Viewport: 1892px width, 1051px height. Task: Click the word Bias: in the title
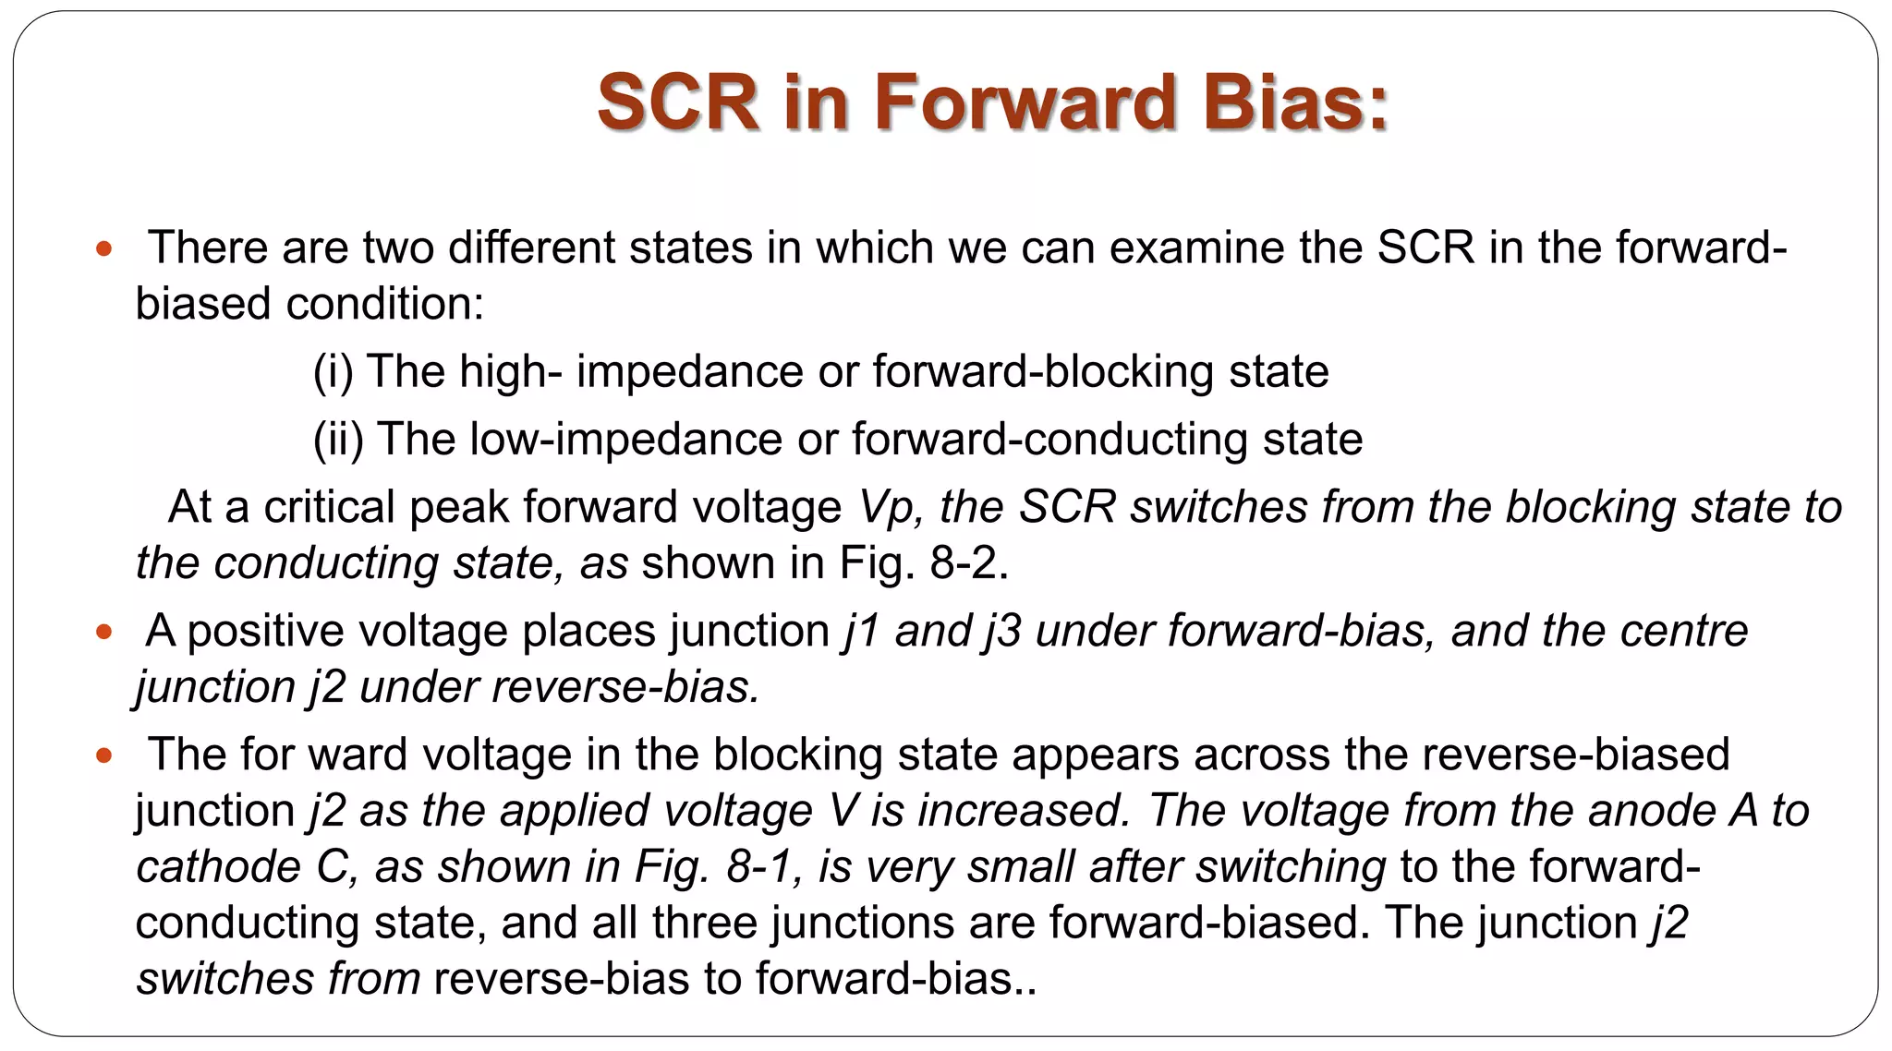(x=1295, y=102)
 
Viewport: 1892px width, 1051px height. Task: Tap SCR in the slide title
(x=678, y=102)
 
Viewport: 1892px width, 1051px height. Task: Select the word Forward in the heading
(x=1025, y=102)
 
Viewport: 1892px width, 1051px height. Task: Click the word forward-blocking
(x=1043, y=371)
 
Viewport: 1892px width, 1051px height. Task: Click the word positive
(x=265, y=632)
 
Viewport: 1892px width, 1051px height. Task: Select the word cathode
(x=218, y=867)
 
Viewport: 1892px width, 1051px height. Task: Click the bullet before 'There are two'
(x=103, y=248)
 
